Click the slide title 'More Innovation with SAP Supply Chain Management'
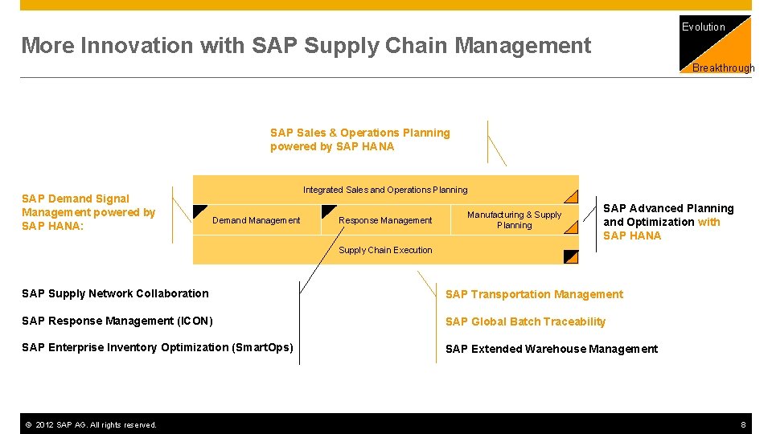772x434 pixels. pyautogui.click(x=306, y=46)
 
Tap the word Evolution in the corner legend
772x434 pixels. pyautogui.click(x=703, y=27)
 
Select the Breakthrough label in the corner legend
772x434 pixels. pyautogui.click(x=723, y=68)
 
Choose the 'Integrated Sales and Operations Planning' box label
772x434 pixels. pyautogui.click(x=384, y=190)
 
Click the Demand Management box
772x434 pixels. pyautogui.click(x=256, y=220)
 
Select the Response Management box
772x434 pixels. pyautogui.click(x=385, y=220)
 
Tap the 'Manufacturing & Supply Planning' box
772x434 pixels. pyautogui.click(x=514, y=220)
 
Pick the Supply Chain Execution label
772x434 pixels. pyautogui.click(x=385, y=250)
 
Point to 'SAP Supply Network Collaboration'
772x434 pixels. pyautogui.click(x=115, y=293)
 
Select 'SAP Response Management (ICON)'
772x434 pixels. pyautogui.click(x=117, y=321)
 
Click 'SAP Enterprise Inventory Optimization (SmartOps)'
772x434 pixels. pyautogui.click(x=157, y=347)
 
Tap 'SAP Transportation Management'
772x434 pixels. pyautogui.click(x=534, y=294)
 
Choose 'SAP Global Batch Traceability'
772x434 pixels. pyautogui.click(x=525, y=321)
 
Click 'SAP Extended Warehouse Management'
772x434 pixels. pyautogui.click(x=551, y=349)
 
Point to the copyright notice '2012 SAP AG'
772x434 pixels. pyautogui.click(x=90, y=424)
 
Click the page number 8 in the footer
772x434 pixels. pyautogui.click(x=744, y=424)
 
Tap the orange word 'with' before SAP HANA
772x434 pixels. pyautogui.click(x=708, y=222)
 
